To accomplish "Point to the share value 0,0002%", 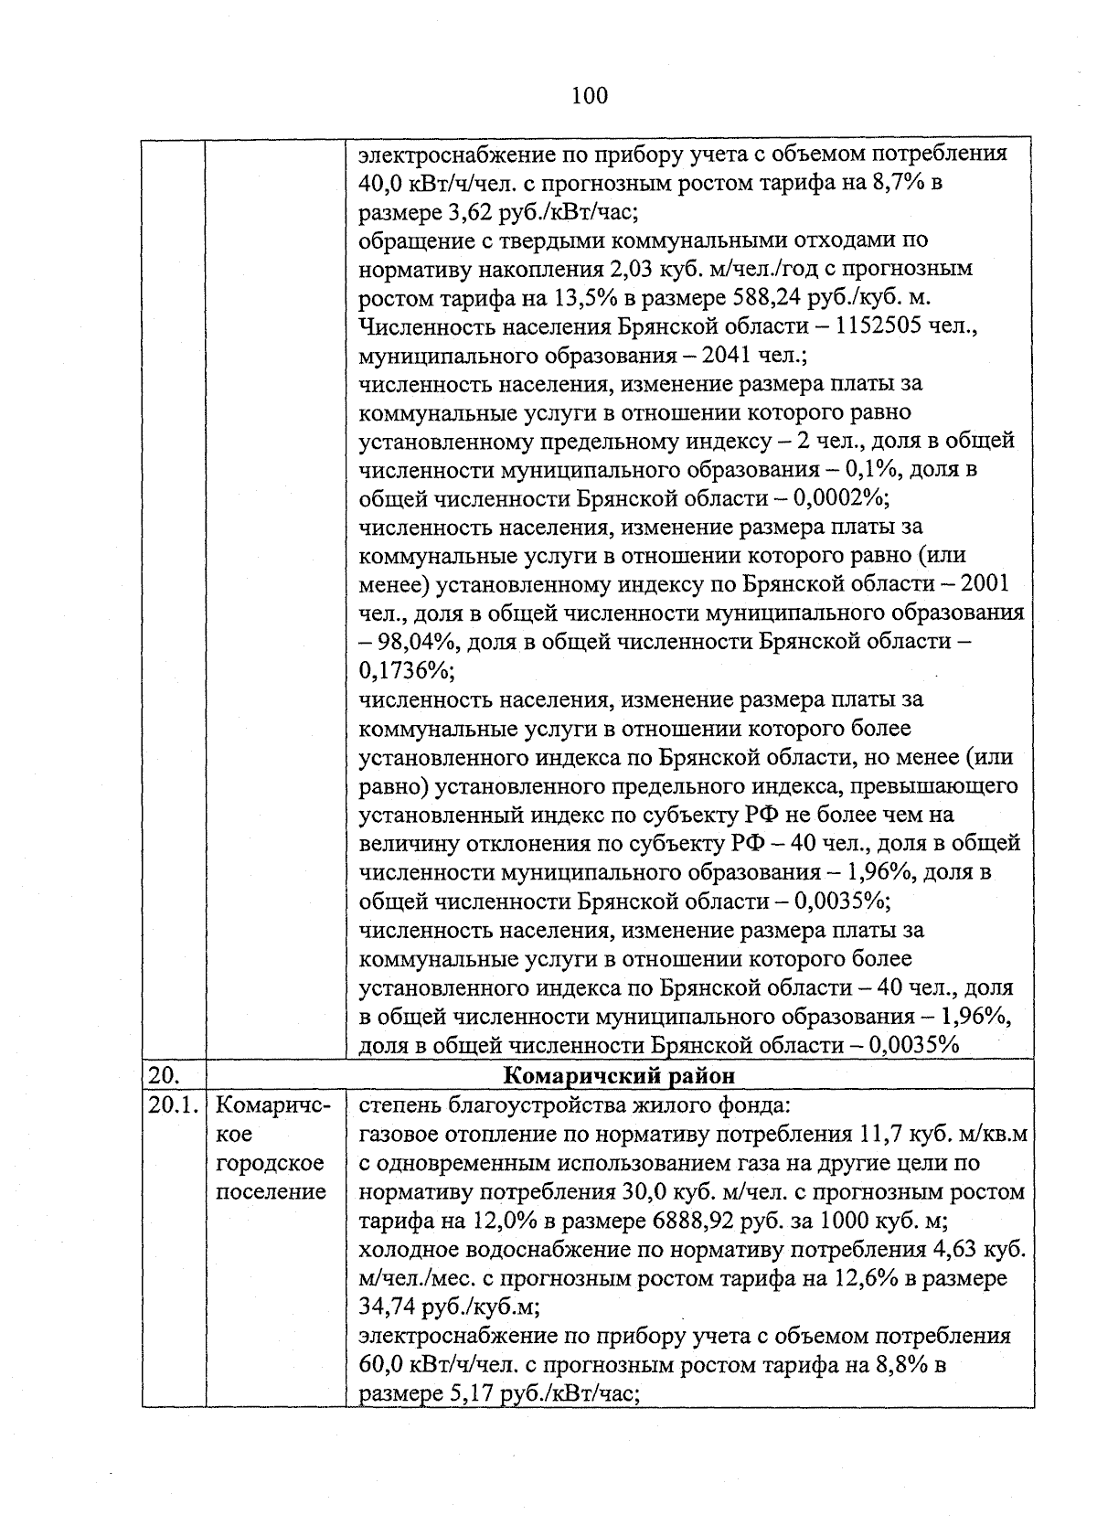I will [x=839, y=498].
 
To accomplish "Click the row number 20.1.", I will [x=173, y=1104].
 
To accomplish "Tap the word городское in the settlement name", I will [x=271, y=1163].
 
